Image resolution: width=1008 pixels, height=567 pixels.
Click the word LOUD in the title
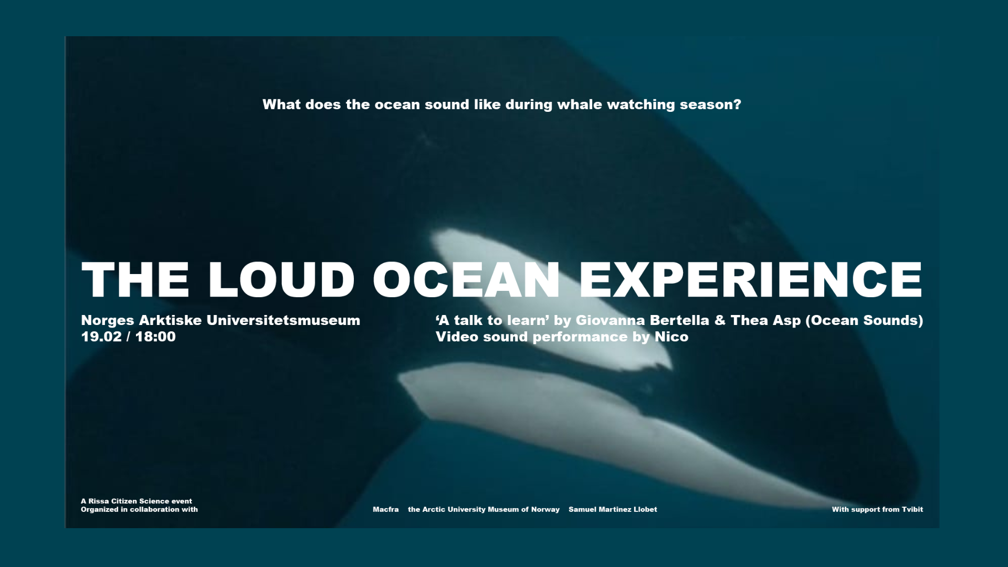pyautogui.click(x=281, y=279)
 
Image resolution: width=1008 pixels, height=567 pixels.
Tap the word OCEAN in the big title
pyautogui.click(x=466, y=279)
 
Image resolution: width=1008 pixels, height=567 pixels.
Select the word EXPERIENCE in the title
pyautogui.click(x=751, y=279)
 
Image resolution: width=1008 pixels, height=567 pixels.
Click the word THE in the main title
pyautogui.click(x=135, y=279)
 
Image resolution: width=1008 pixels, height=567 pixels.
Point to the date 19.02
pyautogui.click(x=101, y=337)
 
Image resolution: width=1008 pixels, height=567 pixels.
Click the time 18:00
pyautogui.click(x=155, y=337)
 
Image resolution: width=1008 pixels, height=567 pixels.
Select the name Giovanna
pyautogui.click(x=610, y=320)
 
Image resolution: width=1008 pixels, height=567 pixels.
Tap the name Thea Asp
pyautogui.click(x=765, y=321)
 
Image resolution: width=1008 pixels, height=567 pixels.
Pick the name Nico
pyautogui.click(x=671, y=337)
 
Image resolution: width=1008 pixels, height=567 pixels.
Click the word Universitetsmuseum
pyautogui.click(x=283, y=320)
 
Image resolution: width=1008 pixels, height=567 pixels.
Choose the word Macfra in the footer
pyautogui.click(x=386, y=509)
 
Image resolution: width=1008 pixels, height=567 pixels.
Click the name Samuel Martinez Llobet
pyautogui.click(x=613, y=509)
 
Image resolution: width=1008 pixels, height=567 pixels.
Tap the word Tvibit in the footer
pyautogui.click(x=912, y=509)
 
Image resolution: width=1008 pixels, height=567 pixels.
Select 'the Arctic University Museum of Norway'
pyautogui.click(x=484, y=509)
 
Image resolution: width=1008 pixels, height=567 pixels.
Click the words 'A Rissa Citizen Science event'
pyautogui.click(x=136, y=501)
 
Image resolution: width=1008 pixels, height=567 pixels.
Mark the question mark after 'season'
pyautogui.click(x=738, y=104)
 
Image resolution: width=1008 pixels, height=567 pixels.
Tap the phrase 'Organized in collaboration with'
pyautogui.click(x=139, y=509)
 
